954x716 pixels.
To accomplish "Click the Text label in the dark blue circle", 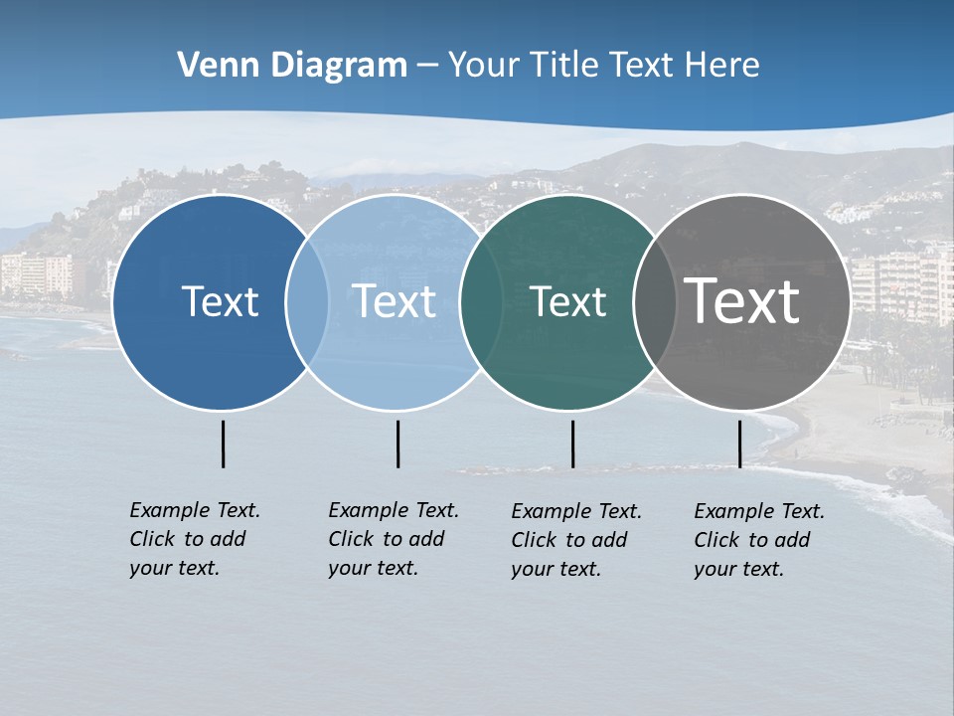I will pyautogui.click(x=220, y=301).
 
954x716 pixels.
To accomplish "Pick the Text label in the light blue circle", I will pyautogui.click(x=394, y=301).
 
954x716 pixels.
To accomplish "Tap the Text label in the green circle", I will pyautogui.click(x=567, y=301).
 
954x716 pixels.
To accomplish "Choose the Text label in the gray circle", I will pyautogui.click(x=741, y=301).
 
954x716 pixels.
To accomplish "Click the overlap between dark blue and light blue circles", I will pyautogui.click(x=307, y=301).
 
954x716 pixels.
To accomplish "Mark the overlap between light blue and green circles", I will pyautogui.click(x=481, y=301).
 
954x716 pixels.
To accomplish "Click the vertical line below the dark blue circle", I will pyautogui.click(x=223, y=444).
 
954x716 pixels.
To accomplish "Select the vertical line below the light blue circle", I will pyautogui.click(x=397, y=444).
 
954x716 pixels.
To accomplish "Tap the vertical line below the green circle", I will pyautogui.click(x=572, y=444).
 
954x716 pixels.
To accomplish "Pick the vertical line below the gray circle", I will pyautogui.click(x=739, y=444).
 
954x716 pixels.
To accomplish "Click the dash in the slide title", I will pyautogui.click(x=427, y=67).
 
